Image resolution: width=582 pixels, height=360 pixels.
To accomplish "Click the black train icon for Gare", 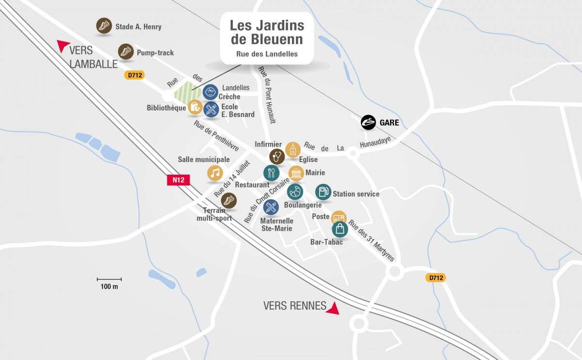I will (x=369, y=123).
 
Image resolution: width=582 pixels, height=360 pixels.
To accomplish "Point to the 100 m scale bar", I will (x=109, y=279).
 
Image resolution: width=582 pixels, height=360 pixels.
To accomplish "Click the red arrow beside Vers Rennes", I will (x=333, y=308).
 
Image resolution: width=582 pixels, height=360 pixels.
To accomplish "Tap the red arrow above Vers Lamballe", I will (x=63, y=46).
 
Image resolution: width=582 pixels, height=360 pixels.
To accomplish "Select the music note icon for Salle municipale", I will (x=215, y=173).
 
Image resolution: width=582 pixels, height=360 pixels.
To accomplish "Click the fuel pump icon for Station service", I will (x=323, y=192).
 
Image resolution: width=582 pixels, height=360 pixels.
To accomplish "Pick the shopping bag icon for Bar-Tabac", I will (x=340, y=229).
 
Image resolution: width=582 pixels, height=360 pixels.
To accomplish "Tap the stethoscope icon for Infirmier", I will (x=277, y=157).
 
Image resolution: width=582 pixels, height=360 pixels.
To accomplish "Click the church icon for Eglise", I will (x=293, y=150).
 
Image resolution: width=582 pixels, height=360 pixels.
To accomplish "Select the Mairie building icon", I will (x=296, y=173).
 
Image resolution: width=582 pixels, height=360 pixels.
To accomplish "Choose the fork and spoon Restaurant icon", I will (x=271, y=173).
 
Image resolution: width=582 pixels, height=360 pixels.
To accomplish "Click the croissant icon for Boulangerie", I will (x=295, y=192).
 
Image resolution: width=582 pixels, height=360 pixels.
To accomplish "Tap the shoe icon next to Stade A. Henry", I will (x=104, y=26).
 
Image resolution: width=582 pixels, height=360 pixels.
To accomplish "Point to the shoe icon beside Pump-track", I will (x=126, y=51).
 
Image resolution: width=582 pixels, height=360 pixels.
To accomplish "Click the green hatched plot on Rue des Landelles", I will (x=187, y=92).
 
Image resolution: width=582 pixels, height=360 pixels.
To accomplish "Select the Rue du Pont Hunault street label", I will (x=267, y=95).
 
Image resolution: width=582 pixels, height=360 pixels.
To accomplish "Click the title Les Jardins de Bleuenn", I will (x=267, y=32).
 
